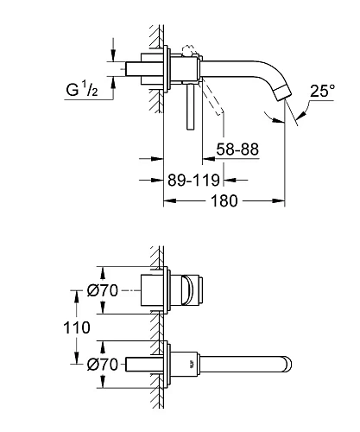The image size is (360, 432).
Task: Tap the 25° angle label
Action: [322, 91]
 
